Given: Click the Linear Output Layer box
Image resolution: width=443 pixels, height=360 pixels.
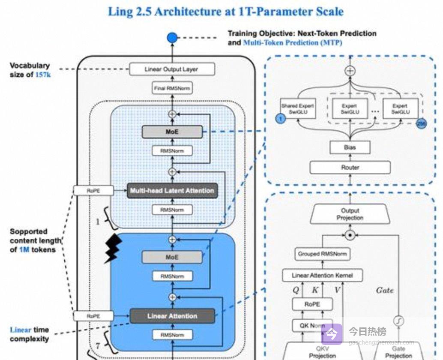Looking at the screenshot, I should [x=171, y=69].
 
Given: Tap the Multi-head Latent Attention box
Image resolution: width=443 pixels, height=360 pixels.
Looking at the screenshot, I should [x=172, y=190].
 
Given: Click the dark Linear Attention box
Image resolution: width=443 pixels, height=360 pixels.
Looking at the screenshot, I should [x=172, y=316].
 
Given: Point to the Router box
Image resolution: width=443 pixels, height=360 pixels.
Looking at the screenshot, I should [x=350, y=168].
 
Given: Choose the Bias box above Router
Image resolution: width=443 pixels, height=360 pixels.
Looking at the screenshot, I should [x=350, y=147].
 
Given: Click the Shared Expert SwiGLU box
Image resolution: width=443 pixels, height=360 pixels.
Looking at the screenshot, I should [x=297, y=109].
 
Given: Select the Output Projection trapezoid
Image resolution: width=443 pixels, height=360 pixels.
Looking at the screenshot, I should [x=350, y=214].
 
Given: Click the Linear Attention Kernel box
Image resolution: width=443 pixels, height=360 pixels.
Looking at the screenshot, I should [x=322, y=275].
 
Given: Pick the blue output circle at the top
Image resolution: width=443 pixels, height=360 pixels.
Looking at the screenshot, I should [x=172, y=38].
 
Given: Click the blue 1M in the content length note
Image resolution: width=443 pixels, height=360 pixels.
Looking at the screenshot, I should [x=24, y=249].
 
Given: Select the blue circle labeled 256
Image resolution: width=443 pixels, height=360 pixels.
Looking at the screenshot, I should [x=421, y=123].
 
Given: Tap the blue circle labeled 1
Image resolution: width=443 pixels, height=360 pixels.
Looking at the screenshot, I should [x=280, y=118].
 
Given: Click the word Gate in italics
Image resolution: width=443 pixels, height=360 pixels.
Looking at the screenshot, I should [x=385, y=291].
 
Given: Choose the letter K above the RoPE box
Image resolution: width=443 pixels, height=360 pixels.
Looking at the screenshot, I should [x=315, y=290].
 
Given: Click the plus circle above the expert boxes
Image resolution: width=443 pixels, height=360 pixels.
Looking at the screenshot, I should [x=350, y=71].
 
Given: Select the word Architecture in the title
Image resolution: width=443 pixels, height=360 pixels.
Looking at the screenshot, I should [x=188, y=11].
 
